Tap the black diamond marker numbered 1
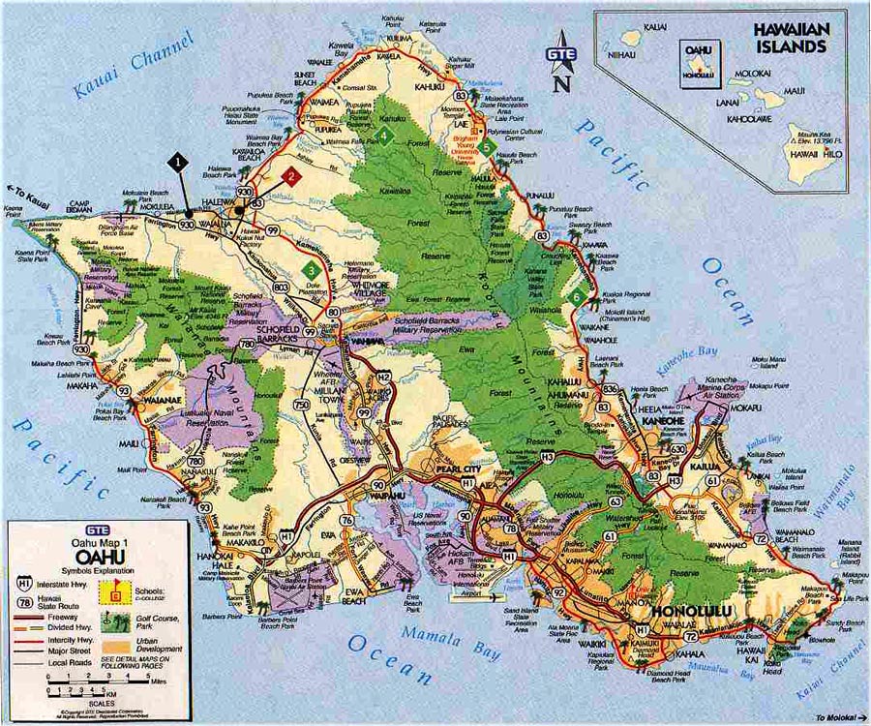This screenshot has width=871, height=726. coord(177,162)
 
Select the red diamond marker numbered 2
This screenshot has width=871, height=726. coord(288,175)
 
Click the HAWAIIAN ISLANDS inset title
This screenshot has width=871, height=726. coord(792,37)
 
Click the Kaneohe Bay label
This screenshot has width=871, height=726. coord(685,366)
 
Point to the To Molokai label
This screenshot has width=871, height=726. coord(834,716)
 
